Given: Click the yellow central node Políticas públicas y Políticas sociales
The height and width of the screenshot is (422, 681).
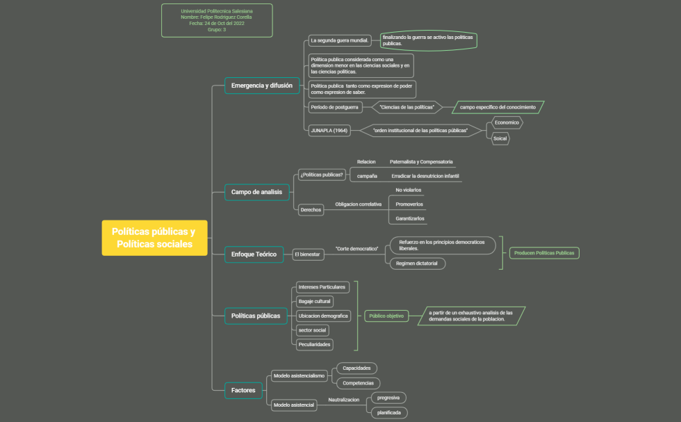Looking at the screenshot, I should click(154, 238).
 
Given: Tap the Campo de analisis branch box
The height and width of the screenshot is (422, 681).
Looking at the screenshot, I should click(256, 192).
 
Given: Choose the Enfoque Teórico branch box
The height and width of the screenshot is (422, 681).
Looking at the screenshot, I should click(254, 254).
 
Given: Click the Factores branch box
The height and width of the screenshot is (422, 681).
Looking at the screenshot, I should click(243, 390).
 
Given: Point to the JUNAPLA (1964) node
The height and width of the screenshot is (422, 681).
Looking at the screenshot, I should click(329, 130).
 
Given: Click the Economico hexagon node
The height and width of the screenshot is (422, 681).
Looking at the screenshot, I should click(506, 122).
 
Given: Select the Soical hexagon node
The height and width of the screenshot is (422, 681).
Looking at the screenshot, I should click(500, 139).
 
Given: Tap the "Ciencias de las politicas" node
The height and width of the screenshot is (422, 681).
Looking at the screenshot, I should click(407, 107).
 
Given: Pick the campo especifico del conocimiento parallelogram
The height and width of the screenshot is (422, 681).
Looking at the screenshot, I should click(498, 107).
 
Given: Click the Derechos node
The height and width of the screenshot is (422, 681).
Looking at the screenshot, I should click(310, 209).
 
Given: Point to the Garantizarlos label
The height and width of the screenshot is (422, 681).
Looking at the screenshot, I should click(410, 218).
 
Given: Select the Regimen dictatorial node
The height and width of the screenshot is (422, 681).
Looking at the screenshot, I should click(417, 263).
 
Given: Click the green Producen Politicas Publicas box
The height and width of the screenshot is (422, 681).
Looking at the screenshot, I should click(544, 253).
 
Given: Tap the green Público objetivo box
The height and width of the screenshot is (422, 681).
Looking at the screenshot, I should click(386, 316).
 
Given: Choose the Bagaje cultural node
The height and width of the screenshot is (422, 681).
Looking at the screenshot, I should click(314, 301).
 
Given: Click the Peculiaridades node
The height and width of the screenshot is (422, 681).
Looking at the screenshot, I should click(314, 344).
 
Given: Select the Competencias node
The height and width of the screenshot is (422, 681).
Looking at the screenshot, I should click(358, 383).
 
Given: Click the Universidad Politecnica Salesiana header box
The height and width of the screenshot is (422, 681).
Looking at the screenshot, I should click(217, 20).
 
